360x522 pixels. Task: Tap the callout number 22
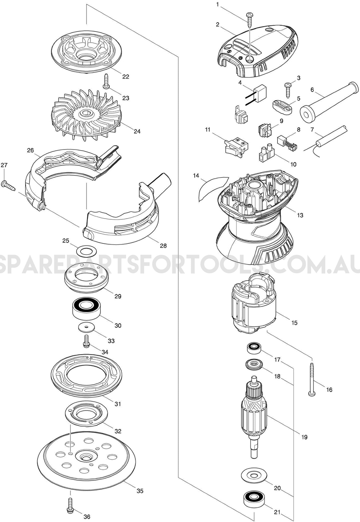coord(126,76)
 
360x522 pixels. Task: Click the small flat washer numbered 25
coord(86,250)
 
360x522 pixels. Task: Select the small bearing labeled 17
coord(253,348)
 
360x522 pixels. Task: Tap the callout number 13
coord(300,215)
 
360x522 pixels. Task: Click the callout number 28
coord(163,245)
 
